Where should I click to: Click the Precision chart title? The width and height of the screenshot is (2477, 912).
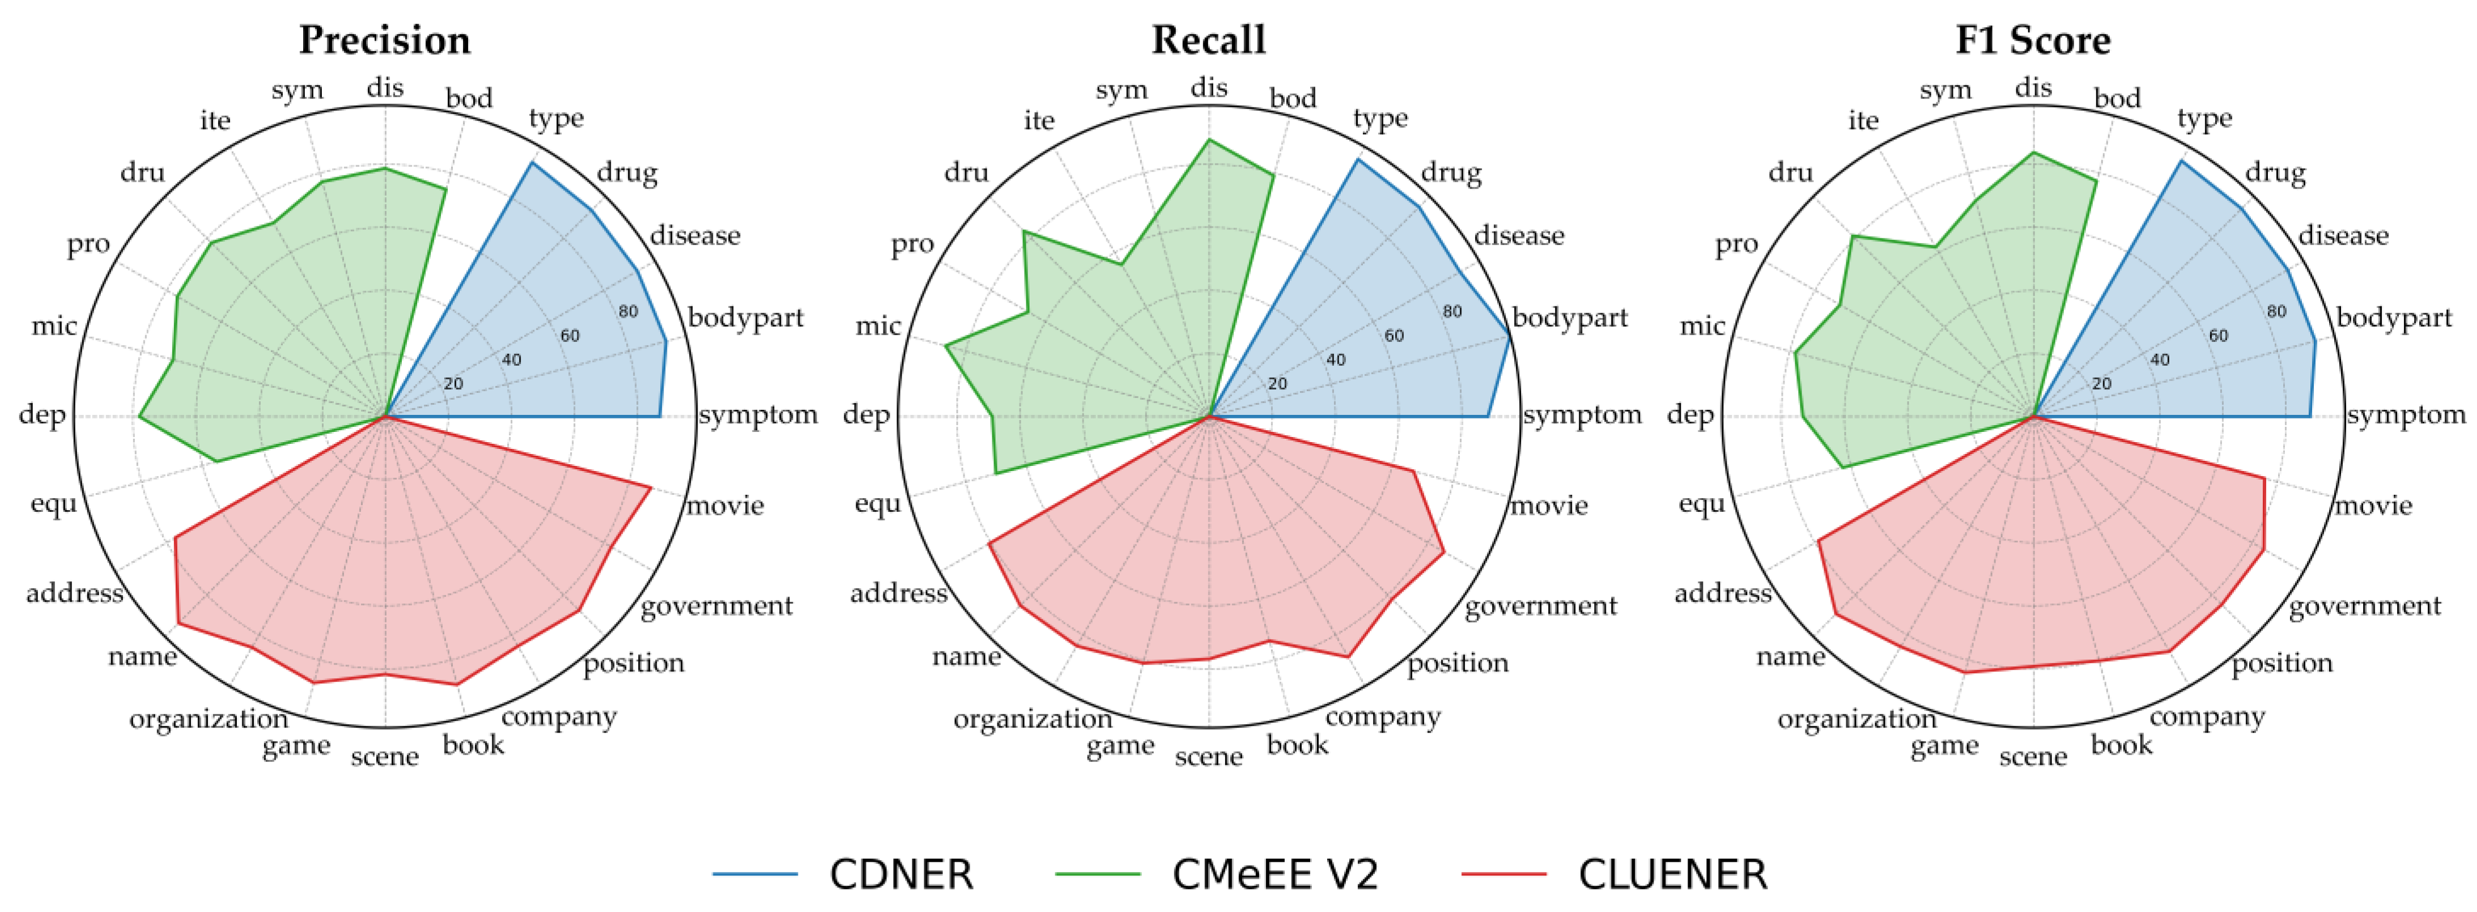click(385, 40)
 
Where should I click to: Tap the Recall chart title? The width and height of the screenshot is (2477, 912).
click(1209, 40)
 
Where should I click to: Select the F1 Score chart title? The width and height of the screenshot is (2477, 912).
click(2033, 40)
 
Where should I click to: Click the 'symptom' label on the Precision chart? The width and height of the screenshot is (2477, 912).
click(758, 415)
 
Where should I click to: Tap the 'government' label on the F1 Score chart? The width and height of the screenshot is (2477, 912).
click(2364, 605)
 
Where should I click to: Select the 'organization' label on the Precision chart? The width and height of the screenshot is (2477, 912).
click(209, 719)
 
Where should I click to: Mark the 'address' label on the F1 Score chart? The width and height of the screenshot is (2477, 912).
click(1722, 593)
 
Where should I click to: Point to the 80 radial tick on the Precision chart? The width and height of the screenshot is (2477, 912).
click(628, 311)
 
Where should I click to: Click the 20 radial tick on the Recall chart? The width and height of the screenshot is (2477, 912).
click(1277, 383)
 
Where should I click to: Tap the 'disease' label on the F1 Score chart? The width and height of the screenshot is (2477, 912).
click(2343, 236)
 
